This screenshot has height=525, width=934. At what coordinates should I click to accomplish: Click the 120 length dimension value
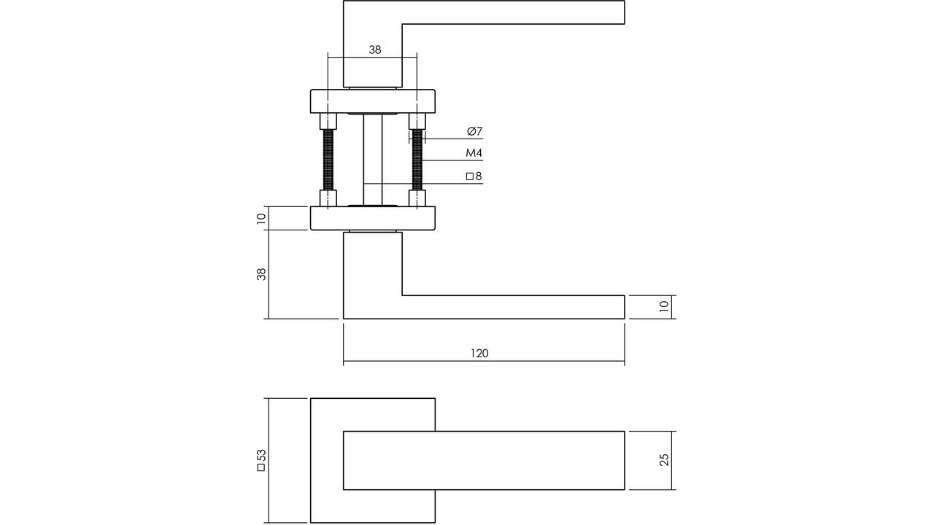tap(479, 354)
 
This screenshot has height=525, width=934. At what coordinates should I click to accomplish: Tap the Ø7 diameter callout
tap(474, 131)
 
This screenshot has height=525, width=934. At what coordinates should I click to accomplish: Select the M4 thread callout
tap(474, 153)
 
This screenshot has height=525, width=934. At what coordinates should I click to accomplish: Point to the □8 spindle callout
tap(474, 176)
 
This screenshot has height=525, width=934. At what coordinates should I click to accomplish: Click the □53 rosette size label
tap(261, 460)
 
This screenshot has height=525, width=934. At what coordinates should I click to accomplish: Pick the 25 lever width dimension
tap(664, 459)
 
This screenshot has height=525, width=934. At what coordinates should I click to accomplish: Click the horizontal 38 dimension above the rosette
tap(375, 50)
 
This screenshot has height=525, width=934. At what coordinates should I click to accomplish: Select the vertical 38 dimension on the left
tap(261, 274)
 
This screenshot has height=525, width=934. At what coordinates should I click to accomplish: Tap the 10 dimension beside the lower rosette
tap(261, 218)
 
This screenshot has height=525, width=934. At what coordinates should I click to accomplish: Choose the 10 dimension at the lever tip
tap(664, 307)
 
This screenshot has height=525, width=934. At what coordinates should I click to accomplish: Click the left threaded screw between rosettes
tap(328, 160)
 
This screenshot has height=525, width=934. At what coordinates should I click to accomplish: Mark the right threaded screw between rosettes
tap(417, 160)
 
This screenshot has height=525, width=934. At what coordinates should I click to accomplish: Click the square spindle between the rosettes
tap(373, 160)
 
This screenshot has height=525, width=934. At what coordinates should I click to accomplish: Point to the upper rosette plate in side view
tap(373, 101)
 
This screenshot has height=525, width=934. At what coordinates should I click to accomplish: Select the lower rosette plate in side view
tap(373, 218)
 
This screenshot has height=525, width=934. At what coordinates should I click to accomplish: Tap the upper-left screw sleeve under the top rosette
tap(328, 121)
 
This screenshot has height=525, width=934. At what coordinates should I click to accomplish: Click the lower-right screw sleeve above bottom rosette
tap(417, 198)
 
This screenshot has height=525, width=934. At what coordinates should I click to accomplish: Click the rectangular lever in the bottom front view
tap(484, 460)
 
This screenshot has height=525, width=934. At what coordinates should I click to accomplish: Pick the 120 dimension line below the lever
tap(484, 361)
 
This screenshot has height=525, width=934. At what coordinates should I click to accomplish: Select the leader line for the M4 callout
tap(452, 160)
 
